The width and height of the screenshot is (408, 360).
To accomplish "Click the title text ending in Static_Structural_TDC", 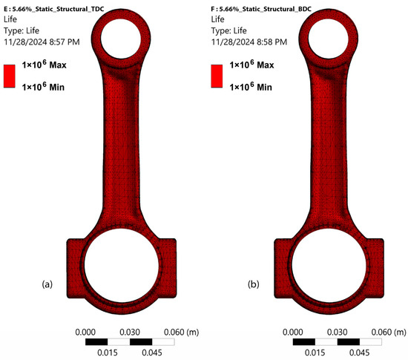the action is click(x=54, y=9).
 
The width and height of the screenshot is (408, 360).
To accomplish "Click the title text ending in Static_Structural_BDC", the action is click(x=261, y=9).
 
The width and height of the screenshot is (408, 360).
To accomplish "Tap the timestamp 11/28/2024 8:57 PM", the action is click(x=42, y=42).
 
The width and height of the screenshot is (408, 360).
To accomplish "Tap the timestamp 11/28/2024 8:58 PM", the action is click(x=249, y=42).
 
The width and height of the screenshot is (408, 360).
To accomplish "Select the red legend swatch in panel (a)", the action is click(x=10, y=76).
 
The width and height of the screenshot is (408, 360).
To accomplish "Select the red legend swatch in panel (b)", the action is click(x=217, y=76).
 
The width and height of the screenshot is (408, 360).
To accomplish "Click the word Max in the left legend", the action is click(x=58, y=65).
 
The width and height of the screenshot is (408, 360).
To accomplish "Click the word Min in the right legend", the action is click(x=264, y=87).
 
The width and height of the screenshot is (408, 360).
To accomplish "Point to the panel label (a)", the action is click(x=47, y=284).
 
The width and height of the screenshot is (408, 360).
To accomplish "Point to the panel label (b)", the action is click(x=254, y=284).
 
